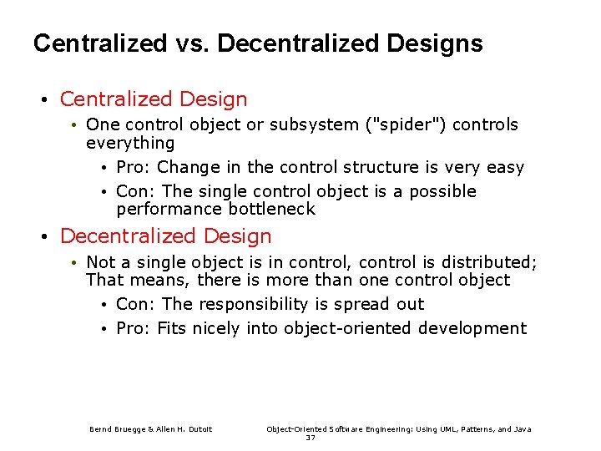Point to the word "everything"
[x=130, y=143]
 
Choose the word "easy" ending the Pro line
[x=505, y=168]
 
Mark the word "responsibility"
[x=264, y=304]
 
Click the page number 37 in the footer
[x=311, y=438]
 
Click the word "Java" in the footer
[x=522, y=429]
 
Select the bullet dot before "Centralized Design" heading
[x=43, y=100]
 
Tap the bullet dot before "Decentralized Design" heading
[x=43, y=237]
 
